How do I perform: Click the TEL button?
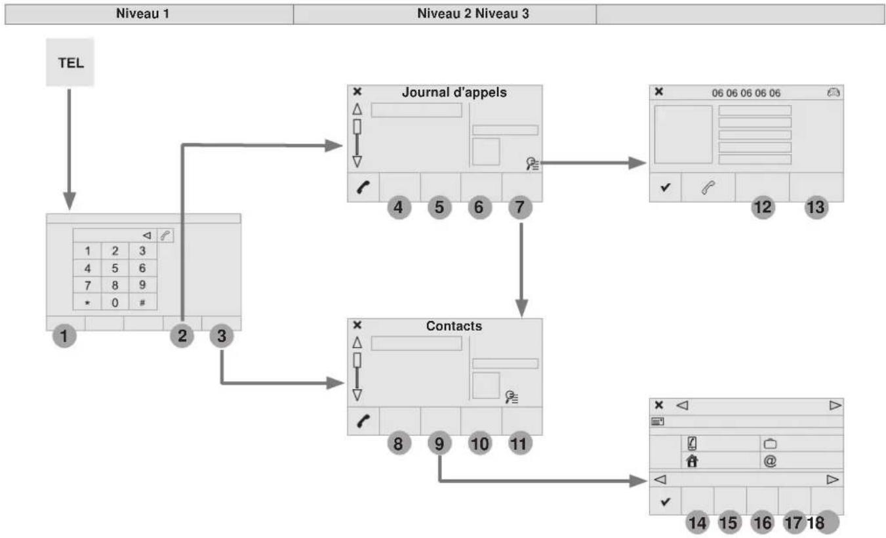70,62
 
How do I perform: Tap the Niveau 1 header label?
142,13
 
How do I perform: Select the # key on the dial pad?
142,302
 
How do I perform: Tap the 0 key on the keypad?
115,302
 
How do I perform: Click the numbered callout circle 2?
182,336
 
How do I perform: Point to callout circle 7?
520,207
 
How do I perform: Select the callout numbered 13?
816,207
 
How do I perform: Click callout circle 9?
439,444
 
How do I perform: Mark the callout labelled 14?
697,522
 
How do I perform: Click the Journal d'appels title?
454,92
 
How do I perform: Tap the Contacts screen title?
454,325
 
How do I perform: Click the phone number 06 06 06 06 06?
746,93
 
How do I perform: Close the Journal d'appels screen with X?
357,91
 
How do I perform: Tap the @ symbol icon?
770,461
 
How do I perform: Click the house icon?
692,461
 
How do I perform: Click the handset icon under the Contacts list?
363,421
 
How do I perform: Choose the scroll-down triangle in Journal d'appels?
357,161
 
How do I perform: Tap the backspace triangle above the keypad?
147,236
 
